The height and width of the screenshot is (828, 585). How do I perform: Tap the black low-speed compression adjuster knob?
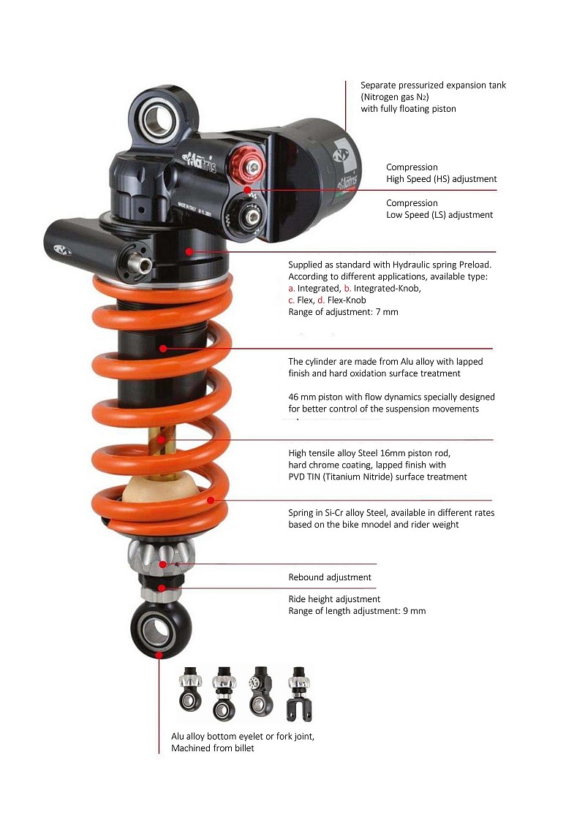point(246,216)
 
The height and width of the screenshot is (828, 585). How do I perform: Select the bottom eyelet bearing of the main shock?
point(156,629)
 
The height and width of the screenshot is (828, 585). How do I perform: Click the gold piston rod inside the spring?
point(161,447)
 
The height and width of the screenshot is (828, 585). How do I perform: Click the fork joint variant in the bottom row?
point(299,694)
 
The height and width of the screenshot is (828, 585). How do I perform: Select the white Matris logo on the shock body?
point(199,162)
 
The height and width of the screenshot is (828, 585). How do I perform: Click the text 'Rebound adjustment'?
point(330,577)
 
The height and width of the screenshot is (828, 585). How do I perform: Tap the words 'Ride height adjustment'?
point(334,599)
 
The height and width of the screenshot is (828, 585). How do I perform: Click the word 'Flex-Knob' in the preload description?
point(346,300)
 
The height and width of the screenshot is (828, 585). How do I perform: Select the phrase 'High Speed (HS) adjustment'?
point(441,179)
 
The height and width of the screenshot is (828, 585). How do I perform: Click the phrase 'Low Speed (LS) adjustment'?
point(439,215)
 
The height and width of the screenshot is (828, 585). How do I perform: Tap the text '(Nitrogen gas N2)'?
point(395,96)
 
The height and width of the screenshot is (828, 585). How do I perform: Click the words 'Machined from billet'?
point(213,748)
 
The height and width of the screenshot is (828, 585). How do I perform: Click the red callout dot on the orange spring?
point(211,500)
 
